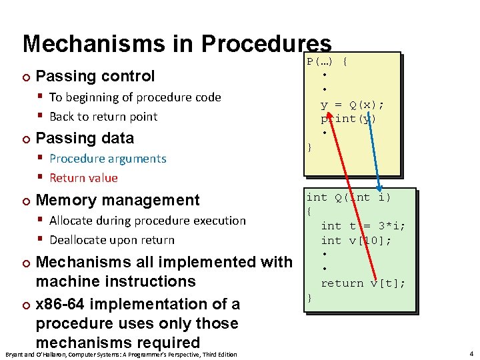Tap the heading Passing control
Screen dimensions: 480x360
95,76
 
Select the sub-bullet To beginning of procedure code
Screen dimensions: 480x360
135,97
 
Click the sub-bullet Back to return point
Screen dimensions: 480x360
103,117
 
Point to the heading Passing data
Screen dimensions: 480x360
85,138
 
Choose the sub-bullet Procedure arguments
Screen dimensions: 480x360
107,159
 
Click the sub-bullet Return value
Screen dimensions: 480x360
83,178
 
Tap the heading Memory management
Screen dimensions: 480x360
117,200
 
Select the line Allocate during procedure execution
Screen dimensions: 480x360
147,221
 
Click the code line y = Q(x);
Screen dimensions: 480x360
352,105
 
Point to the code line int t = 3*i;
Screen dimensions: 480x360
363,226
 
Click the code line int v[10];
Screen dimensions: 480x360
355,241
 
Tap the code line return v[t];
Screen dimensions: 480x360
363,283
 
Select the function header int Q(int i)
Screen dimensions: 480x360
348,197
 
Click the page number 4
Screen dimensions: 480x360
471,353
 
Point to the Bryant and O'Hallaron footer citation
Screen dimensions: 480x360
120,354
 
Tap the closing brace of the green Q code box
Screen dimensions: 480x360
309,298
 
